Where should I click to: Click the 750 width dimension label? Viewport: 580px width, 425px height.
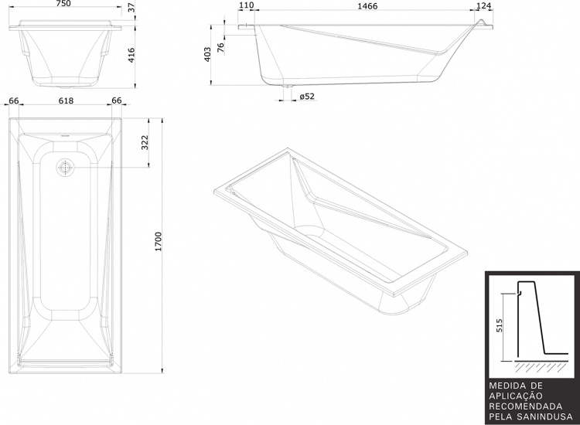[63, 3]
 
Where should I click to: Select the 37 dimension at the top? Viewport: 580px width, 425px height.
[131, 7]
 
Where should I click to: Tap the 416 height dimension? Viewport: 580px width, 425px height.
[131, 55]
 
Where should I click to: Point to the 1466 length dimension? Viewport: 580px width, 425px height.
[367, 6]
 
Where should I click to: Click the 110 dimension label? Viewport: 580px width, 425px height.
[247, 5]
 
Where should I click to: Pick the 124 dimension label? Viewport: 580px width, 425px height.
[483, 6]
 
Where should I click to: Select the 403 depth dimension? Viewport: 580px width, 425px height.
[207, 54]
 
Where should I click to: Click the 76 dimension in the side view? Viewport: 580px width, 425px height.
[220, 47]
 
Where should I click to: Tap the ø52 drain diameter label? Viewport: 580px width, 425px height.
[307, 97]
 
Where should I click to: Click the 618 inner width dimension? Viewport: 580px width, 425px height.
[67, 100]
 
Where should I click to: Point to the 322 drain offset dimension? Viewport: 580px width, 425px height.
[145, 143]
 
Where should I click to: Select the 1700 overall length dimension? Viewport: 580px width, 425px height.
[159, 242]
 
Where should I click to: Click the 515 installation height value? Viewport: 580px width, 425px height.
[500, 325]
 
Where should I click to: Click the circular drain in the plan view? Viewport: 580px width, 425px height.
[65, 167]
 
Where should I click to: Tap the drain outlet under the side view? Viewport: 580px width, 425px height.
[287, 86]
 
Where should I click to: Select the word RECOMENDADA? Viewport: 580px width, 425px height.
[526, 406]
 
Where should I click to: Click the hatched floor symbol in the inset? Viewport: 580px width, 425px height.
[541, 366]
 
